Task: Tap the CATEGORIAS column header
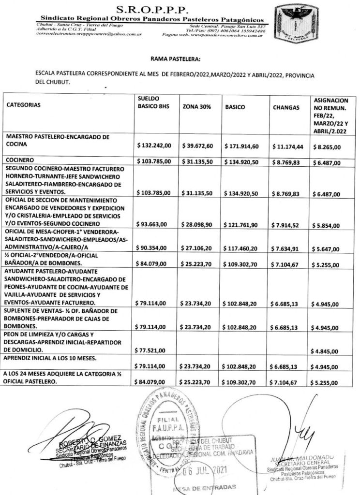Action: coord(24,104)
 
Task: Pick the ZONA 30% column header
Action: coord(195,107)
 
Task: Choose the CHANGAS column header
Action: coord(286,107)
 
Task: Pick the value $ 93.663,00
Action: coord(152,224)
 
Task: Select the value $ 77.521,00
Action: coord(152,350)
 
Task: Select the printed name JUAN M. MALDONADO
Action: coord(296,457)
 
